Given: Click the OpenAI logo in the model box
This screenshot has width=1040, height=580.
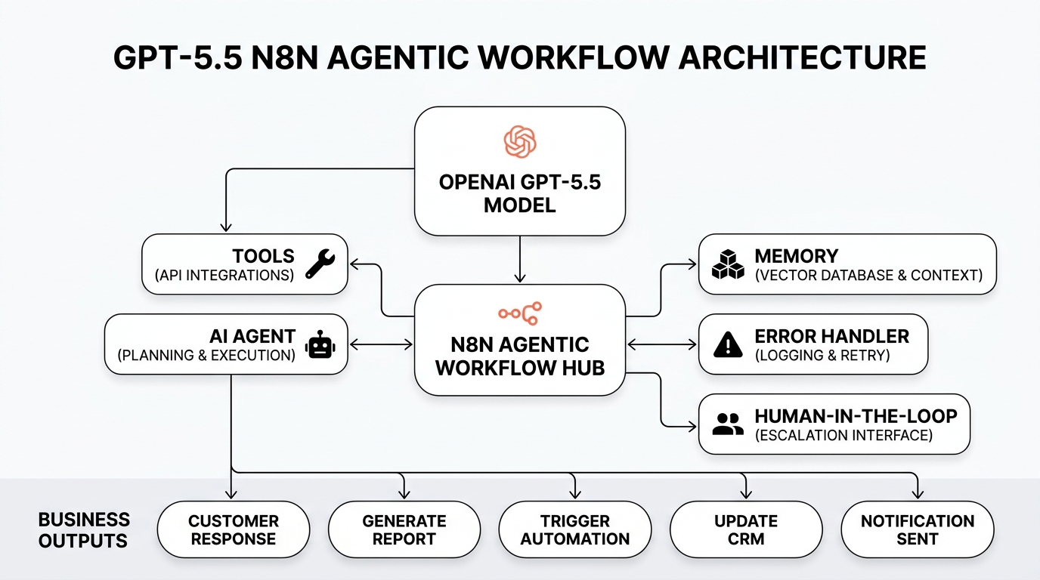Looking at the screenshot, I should point(520,142).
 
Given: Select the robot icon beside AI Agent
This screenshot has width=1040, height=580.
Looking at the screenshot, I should point(320,346).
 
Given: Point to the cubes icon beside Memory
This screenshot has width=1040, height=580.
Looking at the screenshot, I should point(728,264).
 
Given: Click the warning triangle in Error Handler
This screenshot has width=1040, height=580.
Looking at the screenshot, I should point(728,345).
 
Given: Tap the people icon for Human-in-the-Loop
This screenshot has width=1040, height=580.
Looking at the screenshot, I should point(728,424).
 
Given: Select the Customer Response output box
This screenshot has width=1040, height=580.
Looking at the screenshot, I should point(234,530).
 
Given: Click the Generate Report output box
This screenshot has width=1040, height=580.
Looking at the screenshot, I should point(404,530).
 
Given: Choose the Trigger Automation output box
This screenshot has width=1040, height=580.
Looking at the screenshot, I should point(575,530).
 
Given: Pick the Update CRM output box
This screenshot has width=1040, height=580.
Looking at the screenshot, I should point(746,530).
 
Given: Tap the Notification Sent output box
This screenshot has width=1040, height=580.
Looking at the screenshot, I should point(918,530).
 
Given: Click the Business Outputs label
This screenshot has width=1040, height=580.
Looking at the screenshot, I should point(84,530).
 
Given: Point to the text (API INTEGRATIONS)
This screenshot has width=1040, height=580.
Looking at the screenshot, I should point(224,276).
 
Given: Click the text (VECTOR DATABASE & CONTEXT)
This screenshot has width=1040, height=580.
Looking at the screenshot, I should point(868,276).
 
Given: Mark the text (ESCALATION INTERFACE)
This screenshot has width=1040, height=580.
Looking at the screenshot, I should point(843,436).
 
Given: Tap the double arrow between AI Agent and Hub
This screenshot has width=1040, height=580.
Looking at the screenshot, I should point(381,345).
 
